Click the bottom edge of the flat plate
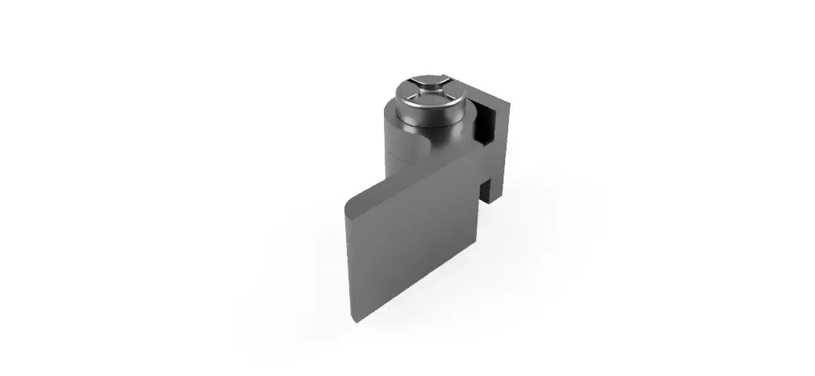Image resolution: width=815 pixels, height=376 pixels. coord(417,290)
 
